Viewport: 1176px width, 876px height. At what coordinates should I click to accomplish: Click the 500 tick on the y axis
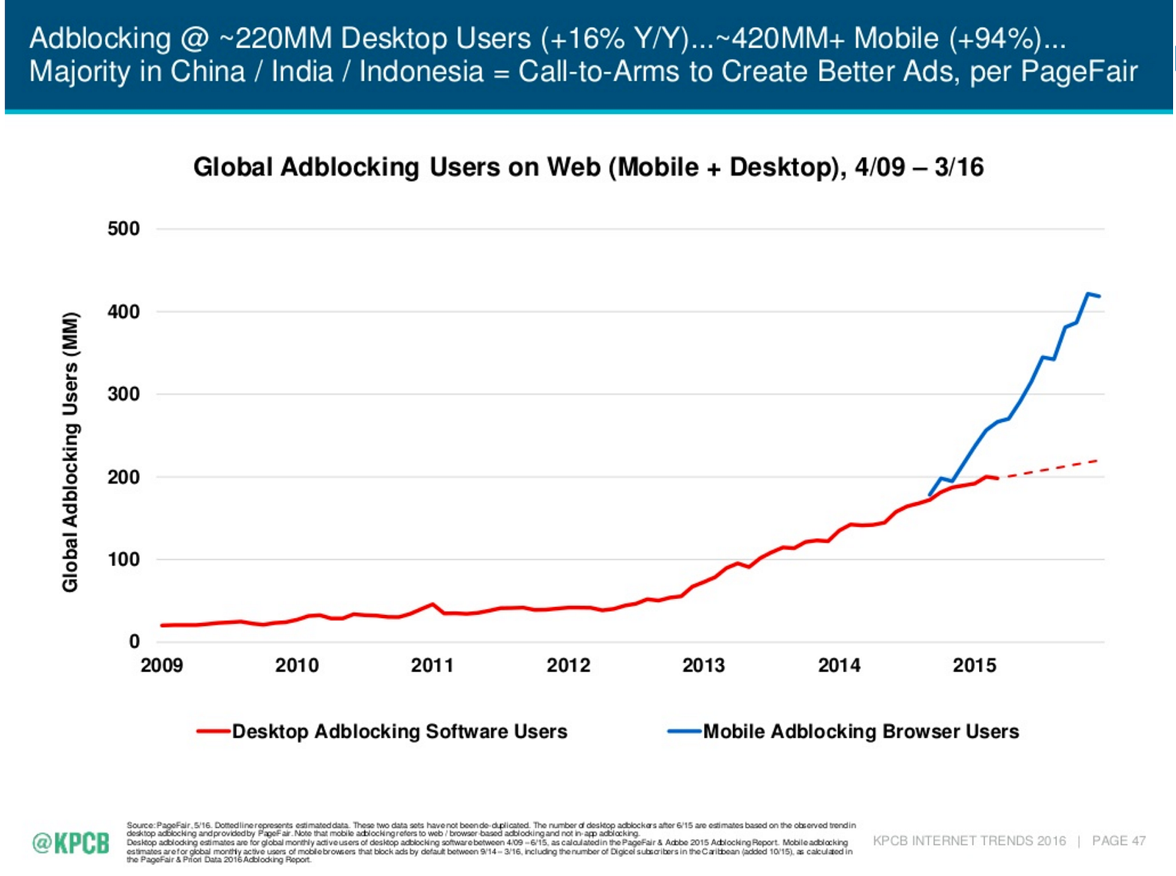tap(123, 229)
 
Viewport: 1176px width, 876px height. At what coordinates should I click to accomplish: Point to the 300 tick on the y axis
tap(123, 394)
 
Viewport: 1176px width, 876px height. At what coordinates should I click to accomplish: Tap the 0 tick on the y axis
tap(134, 642)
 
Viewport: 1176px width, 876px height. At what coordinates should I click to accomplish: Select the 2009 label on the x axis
tap(162, 665)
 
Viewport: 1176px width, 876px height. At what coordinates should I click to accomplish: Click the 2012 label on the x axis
tap(568, 665)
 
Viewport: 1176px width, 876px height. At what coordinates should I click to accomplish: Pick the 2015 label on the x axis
tap(975, 665)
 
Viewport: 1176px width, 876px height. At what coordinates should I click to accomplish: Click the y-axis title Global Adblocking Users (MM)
tap(70, 452)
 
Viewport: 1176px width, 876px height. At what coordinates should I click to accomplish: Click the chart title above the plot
tap(588, 167)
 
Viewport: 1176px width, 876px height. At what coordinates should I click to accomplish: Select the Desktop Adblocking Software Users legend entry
tap(399, 731)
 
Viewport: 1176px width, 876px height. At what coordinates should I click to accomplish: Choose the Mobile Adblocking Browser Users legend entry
tap(861, 731)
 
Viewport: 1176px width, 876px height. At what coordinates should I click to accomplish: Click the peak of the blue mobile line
tap(1089, 294)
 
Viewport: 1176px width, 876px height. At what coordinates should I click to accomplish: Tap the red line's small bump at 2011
tap(432, 605)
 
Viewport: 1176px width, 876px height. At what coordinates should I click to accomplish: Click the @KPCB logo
tap(71, 842)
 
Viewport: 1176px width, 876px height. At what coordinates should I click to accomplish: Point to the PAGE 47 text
tap(1119, 841)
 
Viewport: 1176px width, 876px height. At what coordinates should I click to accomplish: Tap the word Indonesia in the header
tap(421, 71)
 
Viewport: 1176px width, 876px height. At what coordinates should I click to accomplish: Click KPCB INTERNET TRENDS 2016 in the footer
tap(969, 841)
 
